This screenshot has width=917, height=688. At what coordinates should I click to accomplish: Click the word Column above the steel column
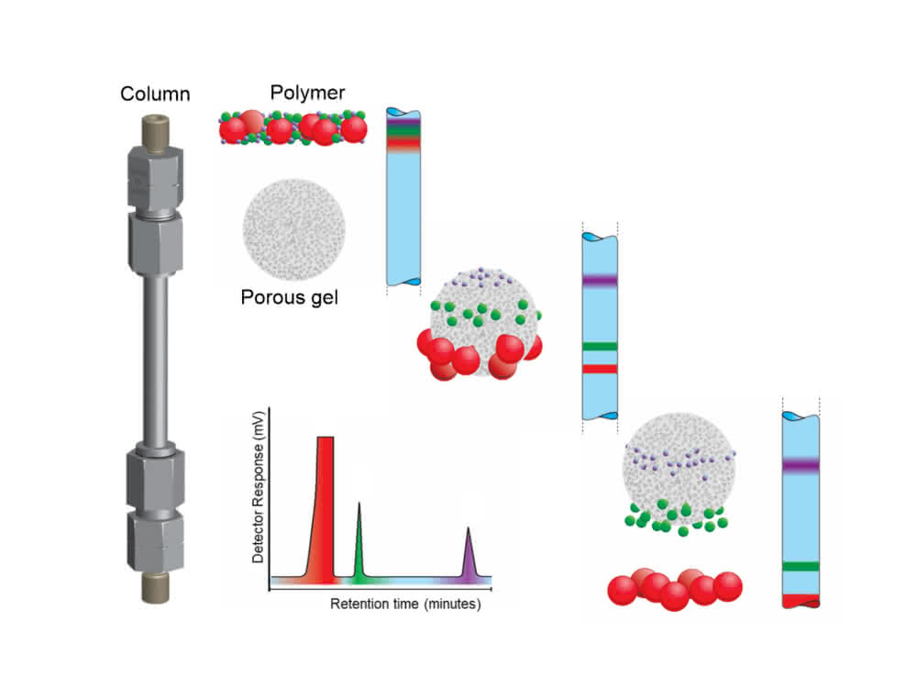point(155,94)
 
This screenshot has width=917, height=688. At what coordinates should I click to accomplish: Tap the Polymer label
point(307,93)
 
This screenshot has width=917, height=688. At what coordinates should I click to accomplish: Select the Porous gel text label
point(290,297)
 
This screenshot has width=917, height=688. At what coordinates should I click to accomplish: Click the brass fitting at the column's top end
point(156,132)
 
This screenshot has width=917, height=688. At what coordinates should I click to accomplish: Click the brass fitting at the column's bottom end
point(156,587)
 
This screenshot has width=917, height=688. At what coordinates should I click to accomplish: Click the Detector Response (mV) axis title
point(258,487)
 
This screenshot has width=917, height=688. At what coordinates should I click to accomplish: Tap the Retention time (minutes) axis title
point(405,604)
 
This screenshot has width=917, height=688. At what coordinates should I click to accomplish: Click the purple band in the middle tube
point(600,280)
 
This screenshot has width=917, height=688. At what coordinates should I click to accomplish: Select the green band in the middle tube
point(600,347)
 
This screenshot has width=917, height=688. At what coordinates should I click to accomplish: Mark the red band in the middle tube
point(600,369)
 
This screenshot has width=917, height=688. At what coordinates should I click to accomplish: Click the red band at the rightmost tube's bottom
point(801,600)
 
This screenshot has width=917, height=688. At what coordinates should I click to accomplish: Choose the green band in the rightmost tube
point(801,566)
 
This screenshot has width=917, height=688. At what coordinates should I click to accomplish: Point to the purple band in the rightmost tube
point(801,466)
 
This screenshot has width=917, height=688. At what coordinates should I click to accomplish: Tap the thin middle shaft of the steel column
point(156,360)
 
